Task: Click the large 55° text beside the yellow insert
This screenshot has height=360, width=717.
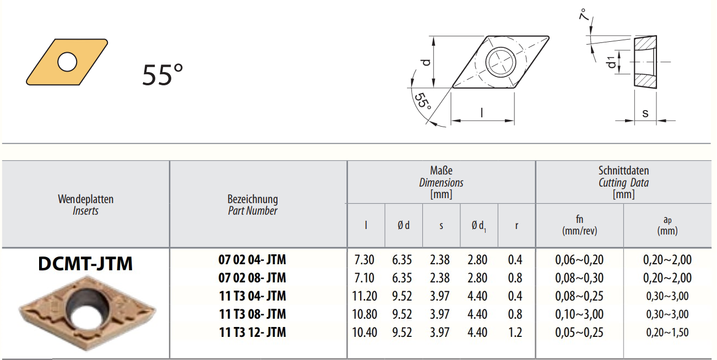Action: [162, 75]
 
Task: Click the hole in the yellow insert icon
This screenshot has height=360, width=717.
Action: [68, 62]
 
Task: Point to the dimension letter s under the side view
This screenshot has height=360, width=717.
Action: [645, 113]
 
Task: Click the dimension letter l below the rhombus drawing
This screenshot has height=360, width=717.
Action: [482, 113]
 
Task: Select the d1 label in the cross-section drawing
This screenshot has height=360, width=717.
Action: [612, 62]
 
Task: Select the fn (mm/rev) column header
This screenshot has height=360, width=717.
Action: [579, 226]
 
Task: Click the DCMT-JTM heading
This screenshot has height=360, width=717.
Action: [85, 264]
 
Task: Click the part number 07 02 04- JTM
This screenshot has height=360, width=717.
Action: [252, 260]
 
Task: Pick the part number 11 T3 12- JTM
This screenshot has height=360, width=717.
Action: [252, 332]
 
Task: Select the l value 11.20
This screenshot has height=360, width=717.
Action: [365, 296]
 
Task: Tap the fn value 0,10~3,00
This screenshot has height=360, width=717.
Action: [579, 314]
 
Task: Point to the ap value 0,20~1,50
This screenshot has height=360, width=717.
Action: [667, 332]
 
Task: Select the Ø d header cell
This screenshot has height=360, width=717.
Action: [404, 226]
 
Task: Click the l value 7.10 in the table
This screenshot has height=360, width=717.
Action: [365, 278]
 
